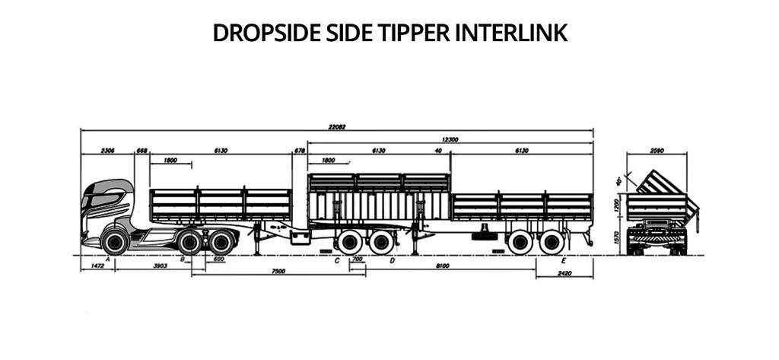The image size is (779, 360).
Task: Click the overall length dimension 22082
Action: [337, 127]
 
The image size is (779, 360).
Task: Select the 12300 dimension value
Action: [450, 139]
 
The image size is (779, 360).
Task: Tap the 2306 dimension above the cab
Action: [107, 151]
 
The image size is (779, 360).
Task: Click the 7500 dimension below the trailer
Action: [278, 272]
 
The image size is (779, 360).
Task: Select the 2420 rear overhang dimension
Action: [564, 272]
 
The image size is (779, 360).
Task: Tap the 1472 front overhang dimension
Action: [97, 266]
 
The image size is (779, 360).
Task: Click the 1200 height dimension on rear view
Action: [618, 206]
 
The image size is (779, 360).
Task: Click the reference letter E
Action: [563, 260]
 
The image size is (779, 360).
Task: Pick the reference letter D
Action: [392, 260]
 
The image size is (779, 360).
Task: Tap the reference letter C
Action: [337, 260]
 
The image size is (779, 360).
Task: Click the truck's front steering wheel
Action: [114, 242]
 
